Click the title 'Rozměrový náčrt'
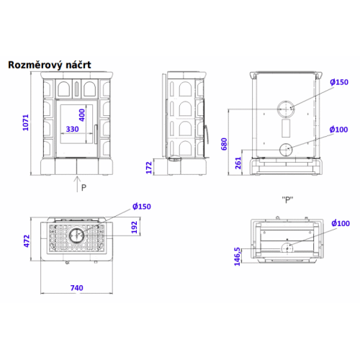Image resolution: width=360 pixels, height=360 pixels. [x=50, y=65]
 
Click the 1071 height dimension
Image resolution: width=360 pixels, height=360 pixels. [x=26, y=122]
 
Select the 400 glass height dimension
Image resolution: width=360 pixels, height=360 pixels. [x=82, y=115]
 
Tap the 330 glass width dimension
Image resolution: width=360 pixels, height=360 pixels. [x=72, y=129]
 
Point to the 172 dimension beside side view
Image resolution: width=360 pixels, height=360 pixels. [x=149, y=168]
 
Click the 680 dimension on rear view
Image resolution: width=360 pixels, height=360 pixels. [x=224, y=144]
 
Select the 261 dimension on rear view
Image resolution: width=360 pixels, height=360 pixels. [x=238, y=163]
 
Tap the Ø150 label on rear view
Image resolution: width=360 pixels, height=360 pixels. [x=339, y=82]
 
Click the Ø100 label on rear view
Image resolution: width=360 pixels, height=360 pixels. [x=338, y=130]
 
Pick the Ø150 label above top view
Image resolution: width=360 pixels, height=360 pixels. [x=142, y=207]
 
